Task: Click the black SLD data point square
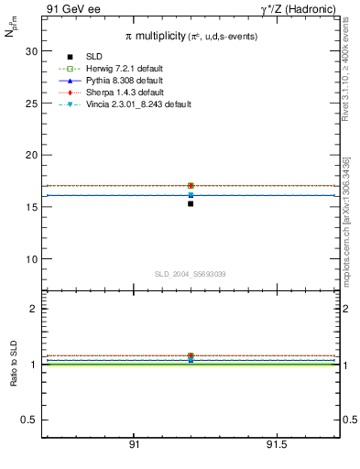click(191, 203)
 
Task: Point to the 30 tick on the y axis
click(32, 51)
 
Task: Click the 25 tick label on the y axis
click(32, 104)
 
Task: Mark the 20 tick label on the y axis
click(32, 155)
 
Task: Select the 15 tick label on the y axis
click(32, 207)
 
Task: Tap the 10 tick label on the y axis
click(32, 258)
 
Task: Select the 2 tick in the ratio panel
click(34, 309)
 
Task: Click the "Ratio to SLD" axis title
click(14, 364)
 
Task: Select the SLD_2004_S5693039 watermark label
click(191, 274)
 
